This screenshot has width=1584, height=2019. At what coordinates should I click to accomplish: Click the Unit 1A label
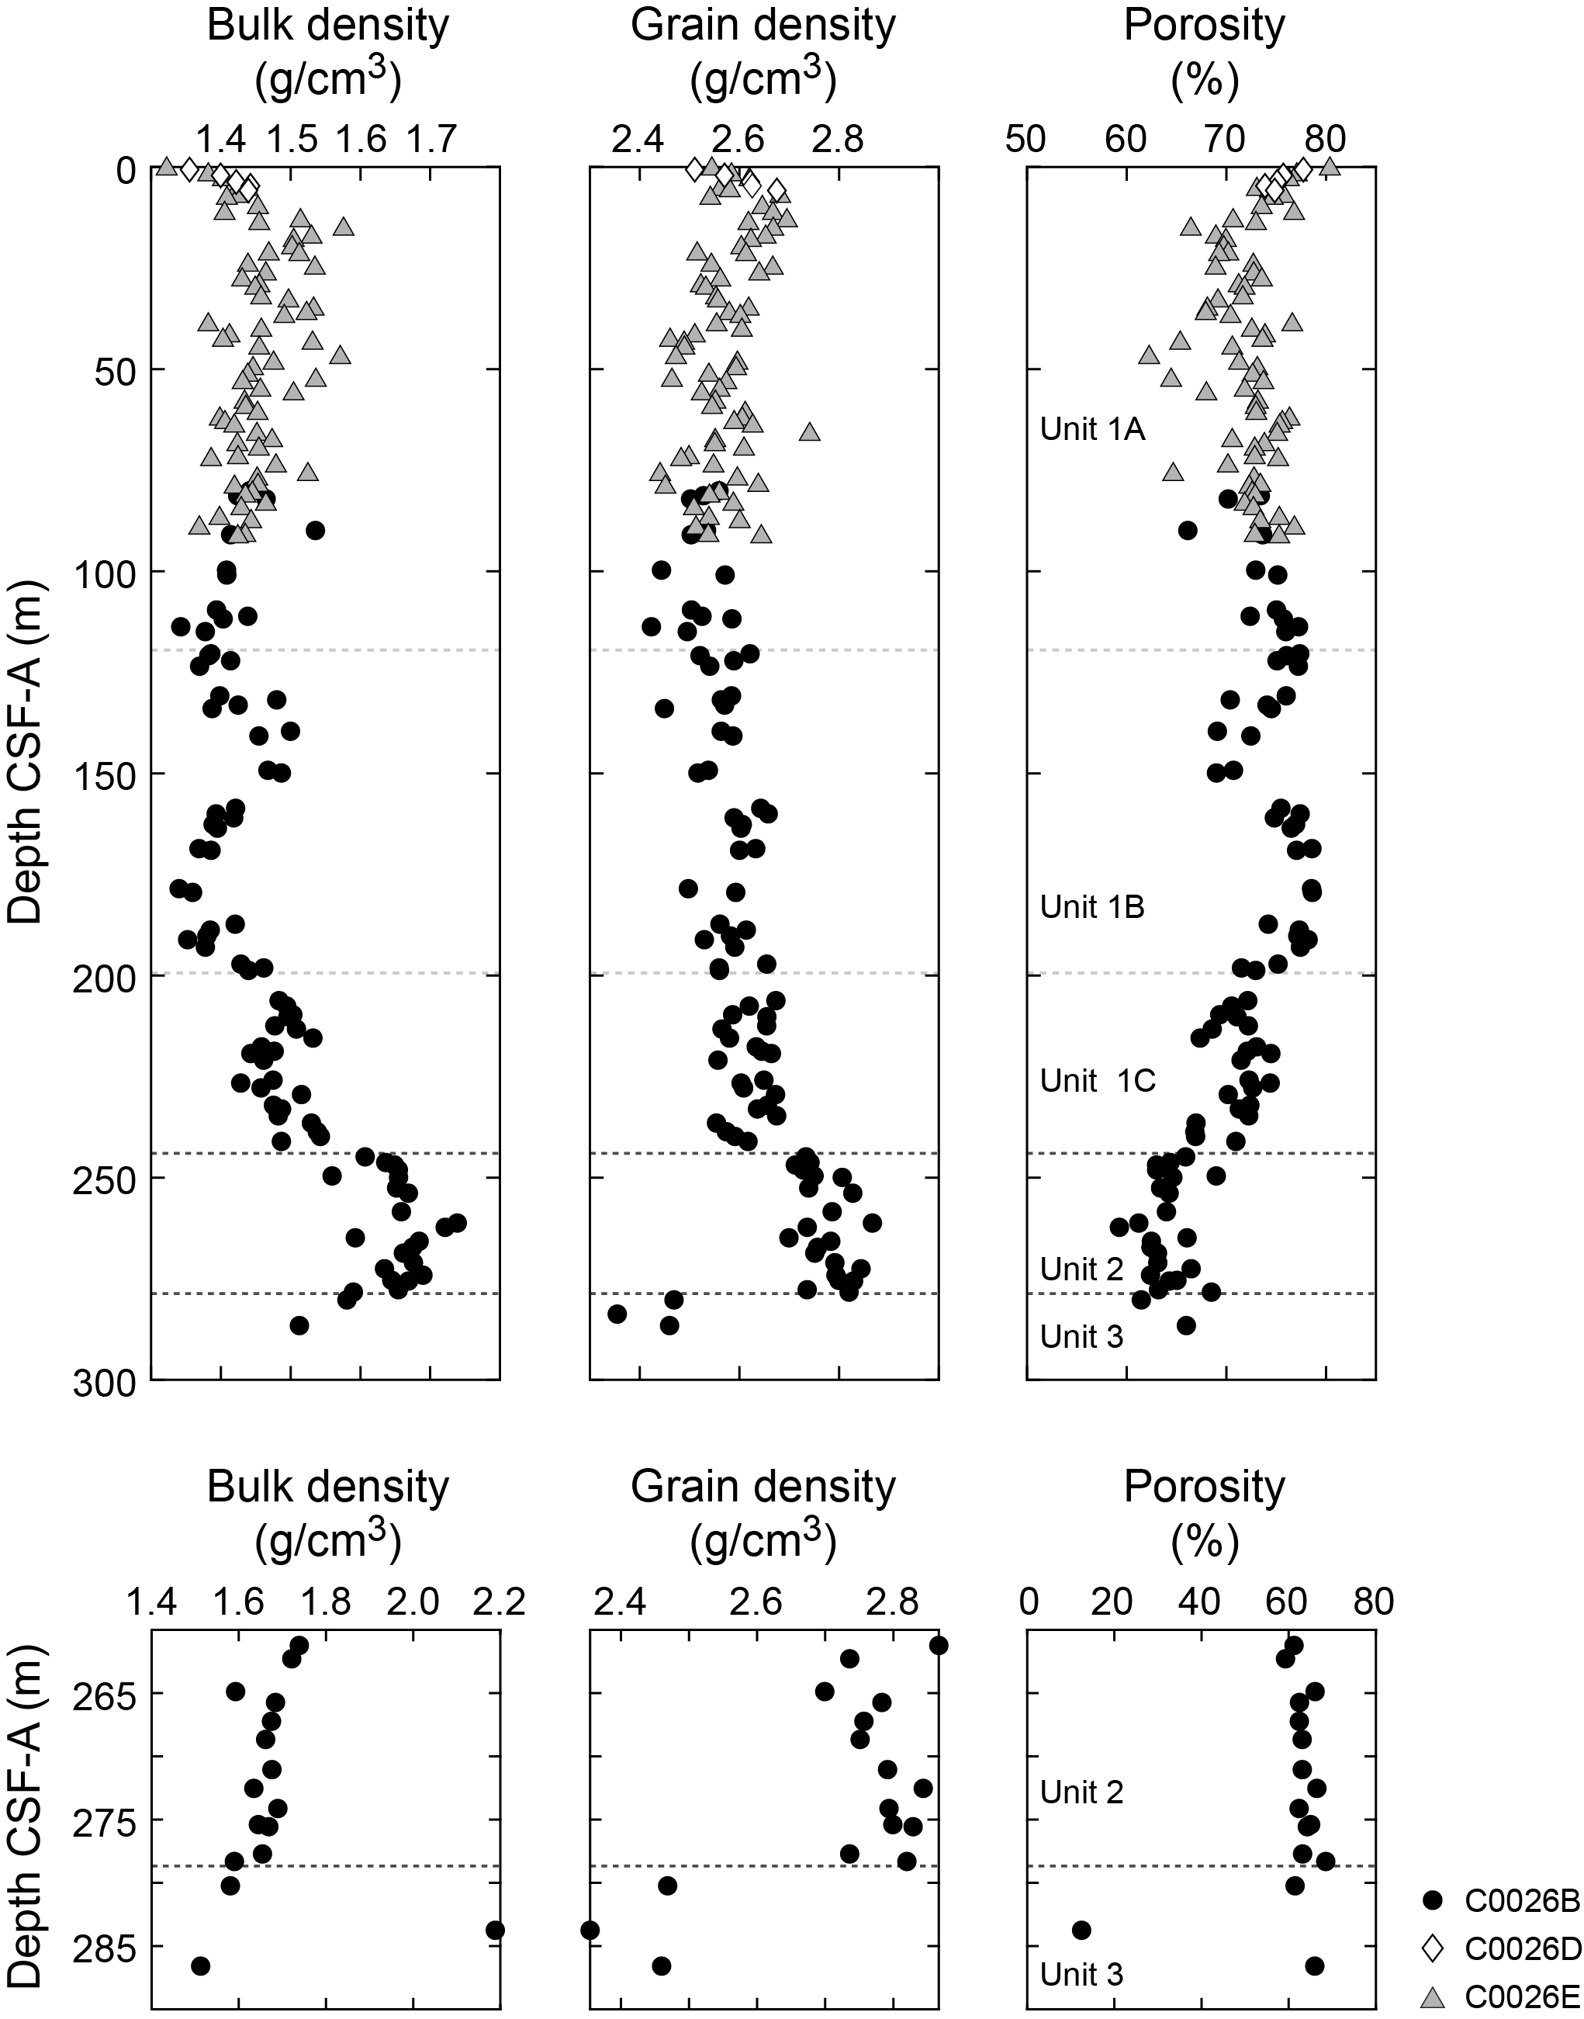(1092, 429)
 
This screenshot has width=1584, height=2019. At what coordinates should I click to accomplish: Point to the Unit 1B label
(1092, 907)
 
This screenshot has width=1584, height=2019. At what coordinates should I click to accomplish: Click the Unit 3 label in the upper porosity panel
(1081, 1335)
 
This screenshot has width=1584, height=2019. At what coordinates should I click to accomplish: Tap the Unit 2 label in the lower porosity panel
(1081, 1792)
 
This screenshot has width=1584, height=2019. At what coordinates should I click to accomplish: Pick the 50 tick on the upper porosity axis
(1026, 139)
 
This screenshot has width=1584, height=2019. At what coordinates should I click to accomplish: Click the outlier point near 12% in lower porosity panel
(1081, 1930)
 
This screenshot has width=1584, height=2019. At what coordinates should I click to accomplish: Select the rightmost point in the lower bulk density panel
(495, 1930)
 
